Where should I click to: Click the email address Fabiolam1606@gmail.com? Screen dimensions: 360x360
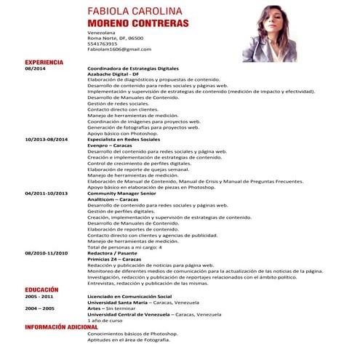coord(119,49)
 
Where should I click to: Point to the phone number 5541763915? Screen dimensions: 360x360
coord(103,44)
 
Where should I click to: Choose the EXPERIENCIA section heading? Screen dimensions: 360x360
coord(44,63)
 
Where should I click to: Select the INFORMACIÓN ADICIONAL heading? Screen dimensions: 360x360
coord(61,327)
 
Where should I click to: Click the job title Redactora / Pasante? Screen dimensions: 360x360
coord(113,253)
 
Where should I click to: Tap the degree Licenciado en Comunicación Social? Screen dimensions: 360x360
coord(129,297)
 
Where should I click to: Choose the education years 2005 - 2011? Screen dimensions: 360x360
coord(39,297)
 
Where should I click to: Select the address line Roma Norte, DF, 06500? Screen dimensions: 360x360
coord(115,38)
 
